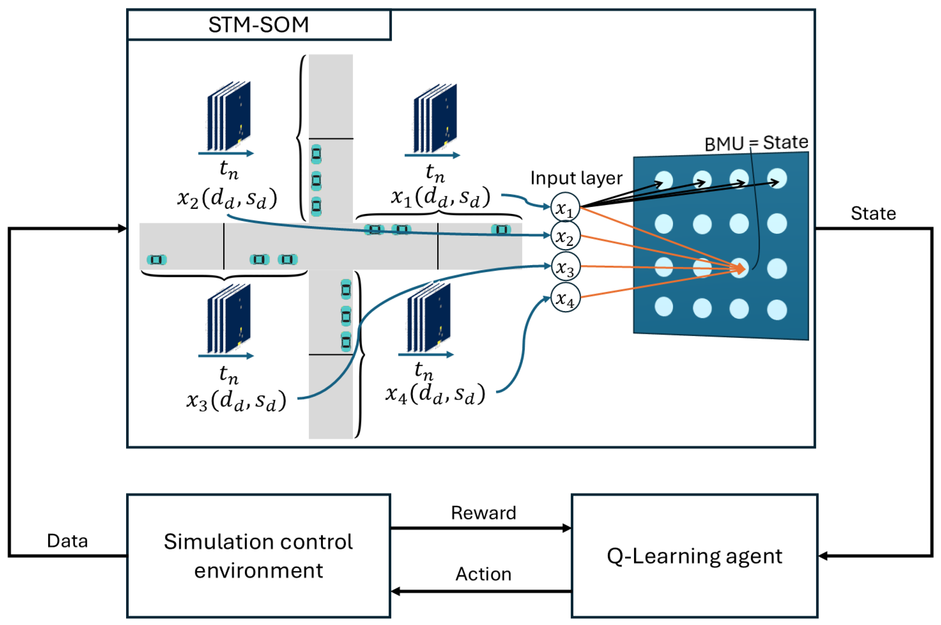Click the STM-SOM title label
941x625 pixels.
(258, 25)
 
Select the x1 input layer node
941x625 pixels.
(565, 207)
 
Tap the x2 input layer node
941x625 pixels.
(565, 236)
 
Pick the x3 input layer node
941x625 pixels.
(565, 266)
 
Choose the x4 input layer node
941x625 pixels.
(565, 297)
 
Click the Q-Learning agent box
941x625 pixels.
(694, 556)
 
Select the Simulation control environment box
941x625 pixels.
(258, 556)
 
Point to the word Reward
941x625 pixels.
(484, 512)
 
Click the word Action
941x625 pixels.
(484, 574)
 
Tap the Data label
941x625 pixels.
(67, 541)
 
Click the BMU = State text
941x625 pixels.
(756, 143)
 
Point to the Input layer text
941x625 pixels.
(576, 178)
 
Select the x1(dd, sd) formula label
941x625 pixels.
(440, 197)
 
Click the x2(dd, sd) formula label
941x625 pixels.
(227, 198)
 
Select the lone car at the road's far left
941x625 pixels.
(157, 260)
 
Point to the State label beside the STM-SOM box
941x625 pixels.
(873, 214)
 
